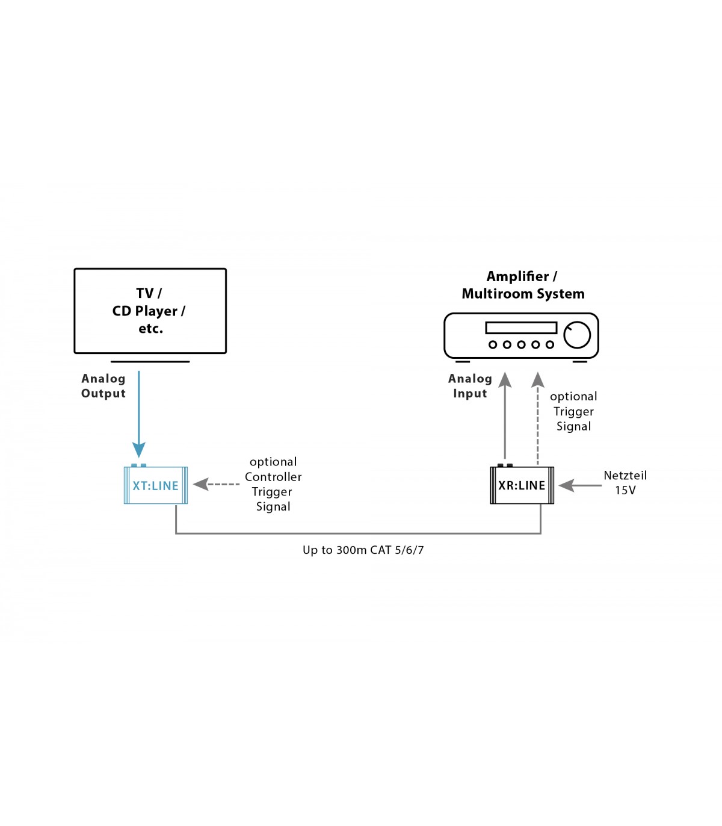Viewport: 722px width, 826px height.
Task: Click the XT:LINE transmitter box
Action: (x=156, y=485)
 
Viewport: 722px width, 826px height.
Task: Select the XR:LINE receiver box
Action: (x=522, y=485)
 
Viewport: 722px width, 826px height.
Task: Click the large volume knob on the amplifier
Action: (x=577, y=335)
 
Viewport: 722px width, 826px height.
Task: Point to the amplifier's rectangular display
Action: (x=521, y=328)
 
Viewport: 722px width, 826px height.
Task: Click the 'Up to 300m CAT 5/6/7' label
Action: (x=363, y=550)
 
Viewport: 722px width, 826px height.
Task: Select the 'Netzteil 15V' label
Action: (x=625, y=483)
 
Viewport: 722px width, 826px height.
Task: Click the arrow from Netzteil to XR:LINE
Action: (x=580, y=485)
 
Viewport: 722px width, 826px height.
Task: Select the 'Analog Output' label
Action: (x=103, y=386)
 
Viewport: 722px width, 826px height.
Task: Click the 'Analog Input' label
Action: (x=470, y=386)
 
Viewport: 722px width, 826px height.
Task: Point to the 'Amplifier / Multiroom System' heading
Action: (x=523, y=285)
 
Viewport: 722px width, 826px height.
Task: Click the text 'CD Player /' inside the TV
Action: (x=149, y=311)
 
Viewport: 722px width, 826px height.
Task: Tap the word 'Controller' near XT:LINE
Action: (x=273, y=477)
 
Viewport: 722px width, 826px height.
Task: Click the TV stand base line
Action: (x=150, y=362)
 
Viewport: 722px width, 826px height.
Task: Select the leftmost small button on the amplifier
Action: (x=493, y=345)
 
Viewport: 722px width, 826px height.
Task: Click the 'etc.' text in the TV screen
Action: (x=151, y=329)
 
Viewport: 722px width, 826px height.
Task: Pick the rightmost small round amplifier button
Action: (x=549, y=345)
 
